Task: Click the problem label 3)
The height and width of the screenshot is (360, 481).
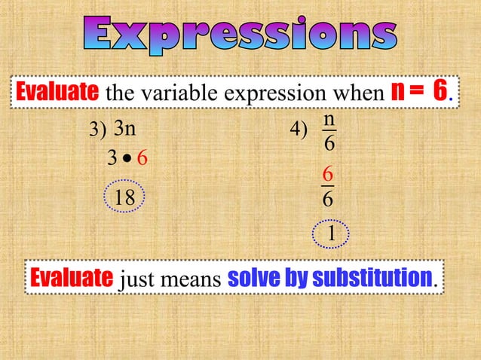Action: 98,131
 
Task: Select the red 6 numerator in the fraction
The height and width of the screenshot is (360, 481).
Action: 327,173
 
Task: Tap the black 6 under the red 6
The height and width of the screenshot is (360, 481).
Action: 327,200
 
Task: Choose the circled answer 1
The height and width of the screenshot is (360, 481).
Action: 330,236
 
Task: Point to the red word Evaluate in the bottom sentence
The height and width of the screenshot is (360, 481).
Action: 72,278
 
